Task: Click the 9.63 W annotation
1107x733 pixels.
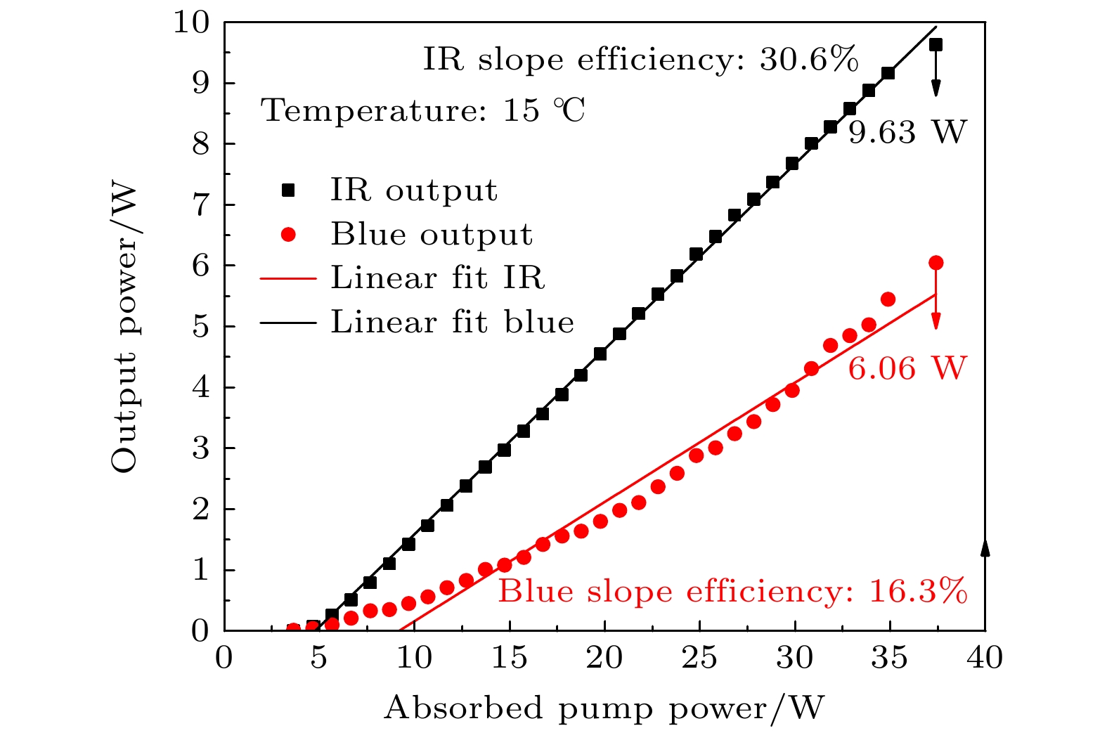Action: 907,132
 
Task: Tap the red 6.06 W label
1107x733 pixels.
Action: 907,368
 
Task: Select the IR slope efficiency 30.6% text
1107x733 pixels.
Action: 640,60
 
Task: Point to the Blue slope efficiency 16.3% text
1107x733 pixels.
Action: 732,592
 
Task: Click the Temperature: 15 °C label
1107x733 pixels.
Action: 423,111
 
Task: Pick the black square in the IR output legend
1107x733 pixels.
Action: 288,190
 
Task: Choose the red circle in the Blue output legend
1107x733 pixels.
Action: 288,235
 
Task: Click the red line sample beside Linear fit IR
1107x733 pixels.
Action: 288,279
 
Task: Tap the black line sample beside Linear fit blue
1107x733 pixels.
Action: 288,323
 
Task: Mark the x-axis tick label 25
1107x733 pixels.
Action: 699,659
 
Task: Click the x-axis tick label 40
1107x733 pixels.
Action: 985,659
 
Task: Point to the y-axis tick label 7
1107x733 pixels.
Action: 200,205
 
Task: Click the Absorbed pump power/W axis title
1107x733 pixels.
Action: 604,708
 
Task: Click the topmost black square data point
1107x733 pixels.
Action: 936,45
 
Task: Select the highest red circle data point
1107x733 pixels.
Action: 936,263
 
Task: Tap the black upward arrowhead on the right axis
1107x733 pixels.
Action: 985,548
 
